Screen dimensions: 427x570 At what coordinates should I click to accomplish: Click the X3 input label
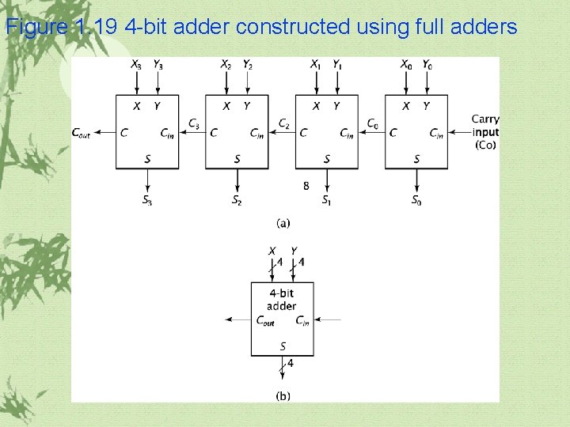(x=136, y=65)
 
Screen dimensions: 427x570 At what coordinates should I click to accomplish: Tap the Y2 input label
(x=248, y=65)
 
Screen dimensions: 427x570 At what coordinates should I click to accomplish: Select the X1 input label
(x=316, y=65)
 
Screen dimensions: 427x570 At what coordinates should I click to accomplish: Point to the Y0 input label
(x=427, y=65)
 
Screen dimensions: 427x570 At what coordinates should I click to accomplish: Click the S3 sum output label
(x=147, y=201)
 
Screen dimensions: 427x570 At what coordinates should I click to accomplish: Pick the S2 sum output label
(x=237, y=201)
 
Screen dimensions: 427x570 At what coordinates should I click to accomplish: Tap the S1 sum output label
(x=327, y=201)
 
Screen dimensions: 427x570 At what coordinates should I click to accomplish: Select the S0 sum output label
(x=416, y=201)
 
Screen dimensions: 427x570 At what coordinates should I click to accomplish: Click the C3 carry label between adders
(x=194, y=123)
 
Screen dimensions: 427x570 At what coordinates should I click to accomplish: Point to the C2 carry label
(x=283, y=123)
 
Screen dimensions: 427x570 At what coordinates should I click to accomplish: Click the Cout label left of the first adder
(x=81, y=133)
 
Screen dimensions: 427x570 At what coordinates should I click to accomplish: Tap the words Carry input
(x=485, y=125)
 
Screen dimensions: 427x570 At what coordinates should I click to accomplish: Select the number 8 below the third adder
(x=306, y=187)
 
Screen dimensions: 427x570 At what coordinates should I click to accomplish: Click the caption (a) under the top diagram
(x=282, y=222)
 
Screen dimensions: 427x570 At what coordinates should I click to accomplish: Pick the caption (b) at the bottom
(x=282, y=395)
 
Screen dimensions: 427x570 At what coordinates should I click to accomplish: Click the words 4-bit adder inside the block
(x=282, y=300)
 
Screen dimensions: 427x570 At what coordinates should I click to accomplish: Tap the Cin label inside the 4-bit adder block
(x=302, y=320)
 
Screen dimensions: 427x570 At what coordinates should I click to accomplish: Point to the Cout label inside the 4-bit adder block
(x=265, y=320)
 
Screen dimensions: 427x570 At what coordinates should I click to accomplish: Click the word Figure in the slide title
(x=37, y=28)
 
